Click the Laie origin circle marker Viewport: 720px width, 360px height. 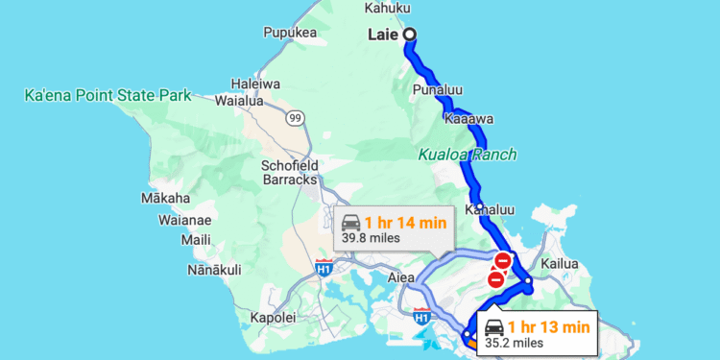tap(410, 35)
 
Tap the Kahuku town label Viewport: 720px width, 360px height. tap(387, 9)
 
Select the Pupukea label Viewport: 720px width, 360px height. tap(290, 33)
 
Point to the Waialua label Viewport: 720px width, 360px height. tap(241, 99)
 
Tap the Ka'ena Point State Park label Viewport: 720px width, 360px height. tap(108, 95)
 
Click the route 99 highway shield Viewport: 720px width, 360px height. tap(295, 118)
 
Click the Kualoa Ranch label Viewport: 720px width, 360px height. tap(468, 154)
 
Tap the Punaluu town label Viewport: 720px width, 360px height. tap(438, 89)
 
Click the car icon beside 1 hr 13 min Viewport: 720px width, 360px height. tap(494, 326)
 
